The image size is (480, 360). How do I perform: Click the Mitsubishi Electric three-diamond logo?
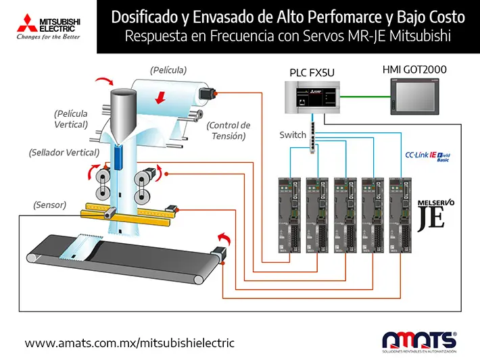pos(14,21)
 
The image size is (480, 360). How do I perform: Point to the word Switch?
pos(293,135)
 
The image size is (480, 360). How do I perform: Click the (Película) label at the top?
pos(168,70)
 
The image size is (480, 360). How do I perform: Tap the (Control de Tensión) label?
pos(229,130)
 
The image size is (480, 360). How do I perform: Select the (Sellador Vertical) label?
pos(64,153)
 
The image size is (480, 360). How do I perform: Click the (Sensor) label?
pos(49,204)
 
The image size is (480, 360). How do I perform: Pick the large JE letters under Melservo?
pos(431,217)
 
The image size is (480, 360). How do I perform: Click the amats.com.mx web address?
pos(129,343)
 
